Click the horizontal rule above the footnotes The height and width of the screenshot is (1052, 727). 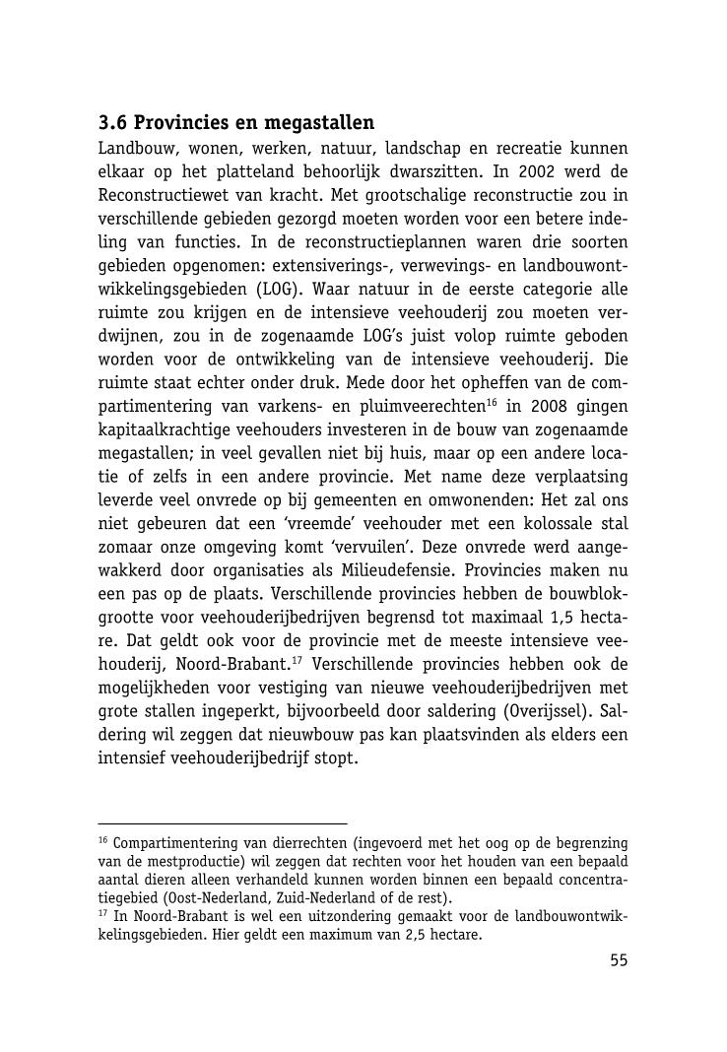(223, 822)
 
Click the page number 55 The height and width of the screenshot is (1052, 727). (618, 961)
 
